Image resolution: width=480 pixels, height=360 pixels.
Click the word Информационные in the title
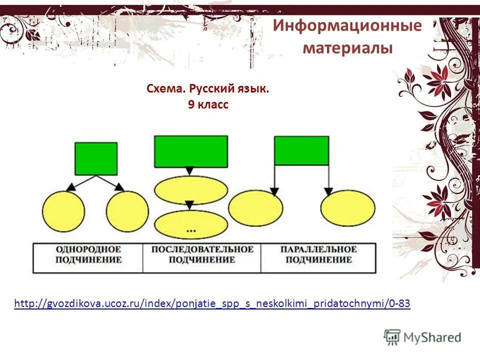pyautogui.click(x=347, y=26)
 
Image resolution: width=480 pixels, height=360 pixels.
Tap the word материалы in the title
pyautogui.click(x=347, y=48)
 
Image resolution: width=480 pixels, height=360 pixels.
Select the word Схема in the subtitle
pyautogui.click(x=166, y=89)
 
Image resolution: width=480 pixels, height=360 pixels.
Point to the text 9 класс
pyautogui.click(x=208, y=105)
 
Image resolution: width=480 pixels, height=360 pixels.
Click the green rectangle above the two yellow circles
pyautogui.click(x=96, y=158)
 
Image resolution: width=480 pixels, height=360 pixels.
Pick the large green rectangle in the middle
pyautogui.click(x=190, y=151)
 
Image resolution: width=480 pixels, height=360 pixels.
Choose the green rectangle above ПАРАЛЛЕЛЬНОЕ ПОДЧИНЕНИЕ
pyautogui.click(x=301, y=150)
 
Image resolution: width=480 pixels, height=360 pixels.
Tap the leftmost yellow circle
pyautogui.click(x=63, y=212)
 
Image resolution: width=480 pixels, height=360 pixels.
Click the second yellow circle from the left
pyautogui.click(x=127, y=212)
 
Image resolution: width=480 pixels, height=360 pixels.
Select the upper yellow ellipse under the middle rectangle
pyautogui.click(x=191, y=190)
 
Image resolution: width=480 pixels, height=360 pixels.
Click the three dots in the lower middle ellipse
pyautogui.click(x=191, y=230)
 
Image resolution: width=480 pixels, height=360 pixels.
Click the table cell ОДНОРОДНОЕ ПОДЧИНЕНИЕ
pyautogui.click(x=88, y=254)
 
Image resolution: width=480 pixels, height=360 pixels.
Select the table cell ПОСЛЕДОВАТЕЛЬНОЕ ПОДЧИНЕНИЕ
pyautogui.click(x=201, y=254)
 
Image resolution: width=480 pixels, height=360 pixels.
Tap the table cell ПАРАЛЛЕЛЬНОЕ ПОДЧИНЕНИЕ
pyautogui.click(x=318, y=254)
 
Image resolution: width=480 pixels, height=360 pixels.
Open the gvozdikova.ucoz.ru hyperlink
pyautogui.click(x=212, y=303)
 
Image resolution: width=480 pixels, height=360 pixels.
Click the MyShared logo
pyautogui.click(x=423, y=337)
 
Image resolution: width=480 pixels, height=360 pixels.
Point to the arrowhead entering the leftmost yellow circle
pyautogui.click(x=70, y=186)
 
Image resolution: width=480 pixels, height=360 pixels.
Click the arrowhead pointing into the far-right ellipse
pyautogui.click(x=328, y=192)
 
